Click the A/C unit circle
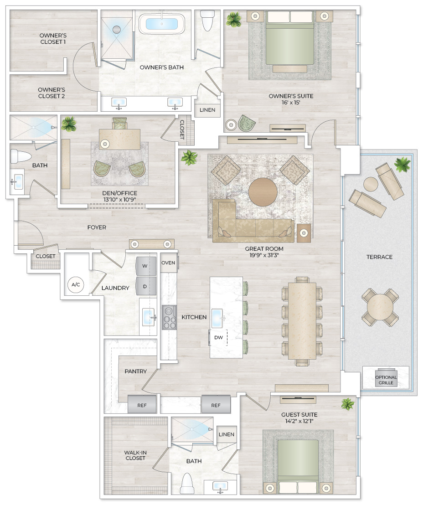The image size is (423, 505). coord(76,285)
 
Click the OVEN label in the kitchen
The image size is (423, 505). coord(168,263)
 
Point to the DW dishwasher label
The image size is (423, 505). coord(218,338)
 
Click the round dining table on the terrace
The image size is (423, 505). coord(380,307)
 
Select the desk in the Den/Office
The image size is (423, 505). coord(120,138)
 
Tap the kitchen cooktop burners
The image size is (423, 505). coord(169,317)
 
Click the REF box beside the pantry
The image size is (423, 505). coord(142,405)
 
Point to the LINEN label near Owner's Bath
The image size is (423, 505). coord(207,110)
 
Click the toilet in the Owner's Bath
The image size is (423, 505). coord(207,21)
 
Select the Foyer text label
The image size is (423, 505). coord(97,227)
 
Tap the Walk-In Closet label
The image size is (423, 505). coord(135,455)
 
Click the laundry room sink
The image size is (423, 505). coord(149,317)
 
